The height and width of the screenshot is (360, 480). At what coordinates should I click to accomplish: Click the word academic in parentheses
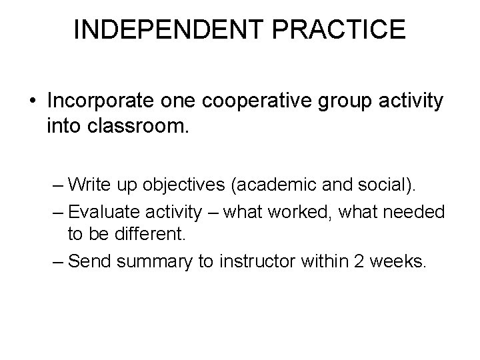point(293,184)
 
